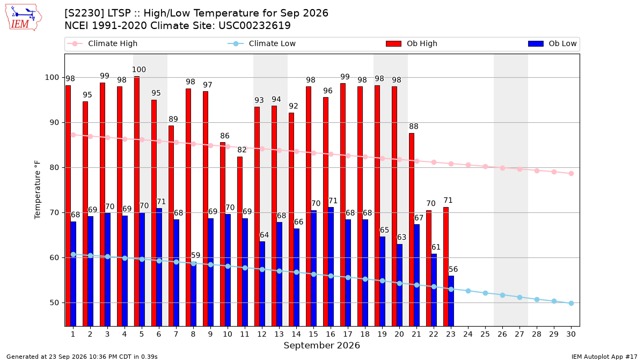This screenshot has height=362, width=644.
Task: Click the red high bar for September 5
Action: [137, 201]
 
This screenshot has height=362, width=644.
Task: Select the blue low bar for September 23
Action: [451, 301]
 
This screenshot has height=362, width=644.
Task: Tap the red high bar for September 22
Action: [429, 268]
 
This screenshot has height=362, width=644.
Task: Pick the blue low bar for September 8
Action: [194, 294]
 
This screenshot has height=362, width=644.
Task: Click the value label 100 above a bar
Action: [139, 70]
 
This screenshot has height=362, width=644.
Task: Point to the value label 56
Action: [453, 269]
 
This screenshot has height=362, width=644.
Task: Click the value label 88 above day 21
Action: [413, 127]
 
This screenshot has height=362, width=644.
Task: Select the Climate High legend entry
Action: [102, 43]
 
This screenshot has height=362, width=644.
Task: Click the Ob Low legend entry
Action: [552, 43]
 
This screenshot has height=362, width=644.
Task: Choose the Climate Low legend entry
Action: [262, 43]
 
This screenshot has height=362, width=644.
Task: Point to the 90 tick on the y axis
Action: [54, 122]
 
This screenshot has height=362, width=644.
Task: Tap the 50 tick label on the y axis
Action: [54, 303]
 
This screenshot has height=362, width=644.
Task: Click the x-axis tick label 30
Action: [571, 334]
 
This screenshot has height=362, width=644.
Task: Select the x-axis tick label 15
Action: [313, 334]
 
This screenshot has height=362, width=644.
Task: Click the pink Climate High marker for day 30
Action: [571, 174]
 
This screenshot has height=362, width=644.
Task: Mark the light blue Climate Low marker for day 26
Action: [502, 295]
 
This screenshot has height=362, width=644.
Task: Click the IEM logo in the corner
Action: [23, 17]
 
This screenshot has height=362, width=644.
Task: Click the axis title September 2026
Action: [321, 345]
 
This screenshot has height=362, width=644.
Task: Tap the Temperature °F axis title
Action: [38, 190]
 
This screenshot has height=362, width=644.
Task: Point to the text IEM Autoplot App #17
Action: [604, 357]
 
